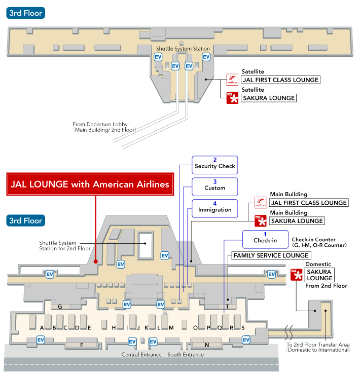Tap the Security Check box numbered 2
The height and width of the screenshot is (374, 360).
pyautogui.click(x=215, y=163)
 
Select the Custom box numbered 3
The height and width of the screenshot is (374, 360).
pyautogui.click(x=215, y=185)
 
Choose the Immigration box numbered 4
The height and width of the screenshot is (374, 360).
pyautogui.click(x=215, y=207)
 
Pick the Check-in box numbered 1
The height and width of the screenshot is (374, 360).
pyautogui.click(x=266, y=238)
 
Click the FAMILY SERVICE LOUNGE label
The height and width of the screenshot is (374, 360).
pyautogui.click(x=270, y=255)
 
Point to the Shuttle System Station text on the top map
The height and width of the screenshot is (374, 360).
pyautogui.click(x=183, y=49)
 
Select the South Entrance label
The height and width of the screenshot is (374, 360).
pyautogui.click(x=186, y=355)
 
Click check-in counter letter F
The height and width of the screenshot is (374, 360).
pyautogui.click(x=81, y=345)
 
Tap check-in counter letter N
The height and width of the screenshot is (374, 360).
pyautogui.click(x=207, y=345)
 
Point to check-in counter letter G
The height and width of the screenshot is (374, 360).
pyautogui.click(x=60, y=307)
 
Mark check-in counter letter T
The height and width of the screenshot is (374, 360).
pyautogui.click(x=228, y=307)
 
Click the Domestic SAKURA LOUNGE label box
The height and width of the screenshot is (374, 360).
pyautogui.click(x=319, y=275)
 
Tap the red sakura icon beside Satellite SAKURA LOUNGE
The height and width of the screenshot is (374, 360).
pyautogui.click(x=232, y=98)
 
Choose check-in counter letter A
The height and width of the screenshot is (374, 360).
pyautogui.click(x=42, y=327)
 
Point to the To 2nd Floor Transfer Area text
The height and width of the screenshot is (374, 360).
pyautogui.click(x=318, y=348)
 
